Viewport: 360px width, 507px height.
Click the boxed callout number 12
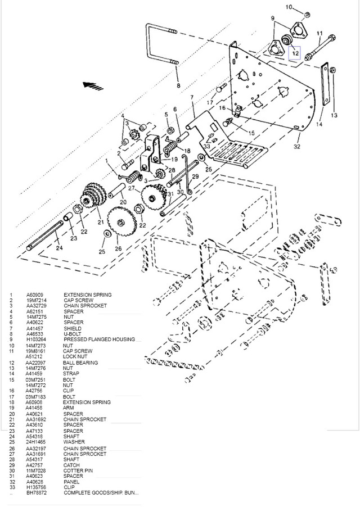[x=295, y=54]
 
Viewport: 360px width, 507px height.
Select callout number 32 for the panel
[x=297, y=146]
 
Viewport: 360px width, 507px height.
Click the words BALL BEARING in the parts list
[x=80, y=363]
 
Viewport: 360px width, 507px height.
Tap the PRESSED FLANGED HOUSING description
[x=99, y=339]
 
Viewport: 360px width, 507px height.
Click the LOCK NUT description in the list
[x=76, y=356]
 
